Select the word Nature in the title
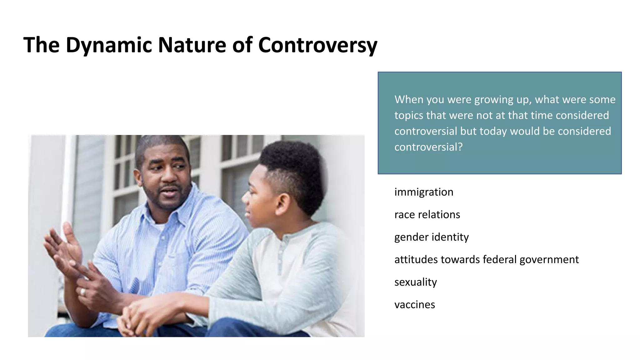click(x=192, y=45)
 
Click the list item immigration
click(x=423, y=192)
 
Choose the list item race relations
click(x=427, y=215)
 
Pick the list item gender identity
click(x=431, y=237)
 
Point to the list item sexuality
click(x=415, y=282)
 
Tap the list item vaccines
click(x=414, y=305)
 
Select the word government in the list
click(x=549, y=260)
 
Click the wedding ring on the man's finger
click(x=83, y=292)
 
